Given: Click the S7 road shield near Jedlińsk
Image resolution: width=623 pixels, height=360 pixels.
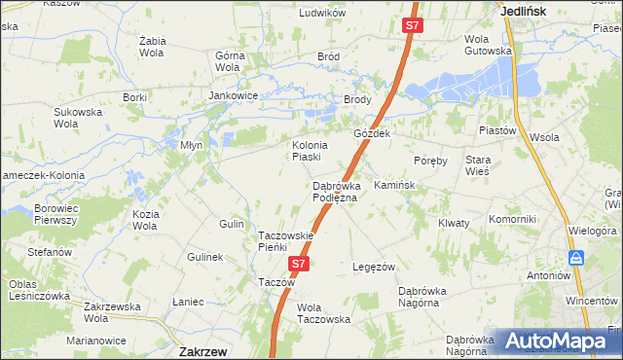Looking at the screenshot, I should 413,26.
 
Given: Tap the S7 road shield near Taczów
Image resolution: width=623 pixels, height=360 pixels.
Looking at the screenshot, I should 300,263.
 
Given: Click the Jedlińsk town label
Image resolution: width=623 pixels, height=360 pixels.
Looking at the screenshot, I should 523,11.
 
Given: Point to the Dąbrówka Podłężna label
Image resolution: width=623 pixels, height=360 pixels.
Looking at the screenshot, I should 336,191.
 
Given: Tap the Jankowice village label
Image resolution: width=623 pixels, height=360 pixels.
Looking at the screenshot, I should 234,96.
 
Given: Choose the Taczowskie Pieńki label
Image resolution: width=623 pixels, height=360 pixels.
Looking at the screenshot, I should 285,241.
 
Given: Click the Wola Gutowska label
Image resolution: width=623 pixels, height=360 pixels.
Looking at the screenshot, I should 488,45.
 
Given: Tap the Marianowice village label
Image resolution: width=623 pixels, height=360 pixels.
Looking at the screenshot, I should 96,341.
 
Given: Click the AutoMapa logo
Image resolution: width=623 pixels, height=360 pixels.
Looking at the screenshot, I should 556,341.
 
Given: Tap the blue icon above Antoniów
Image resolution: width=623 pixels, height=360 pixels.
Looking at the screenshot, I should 577,258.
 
